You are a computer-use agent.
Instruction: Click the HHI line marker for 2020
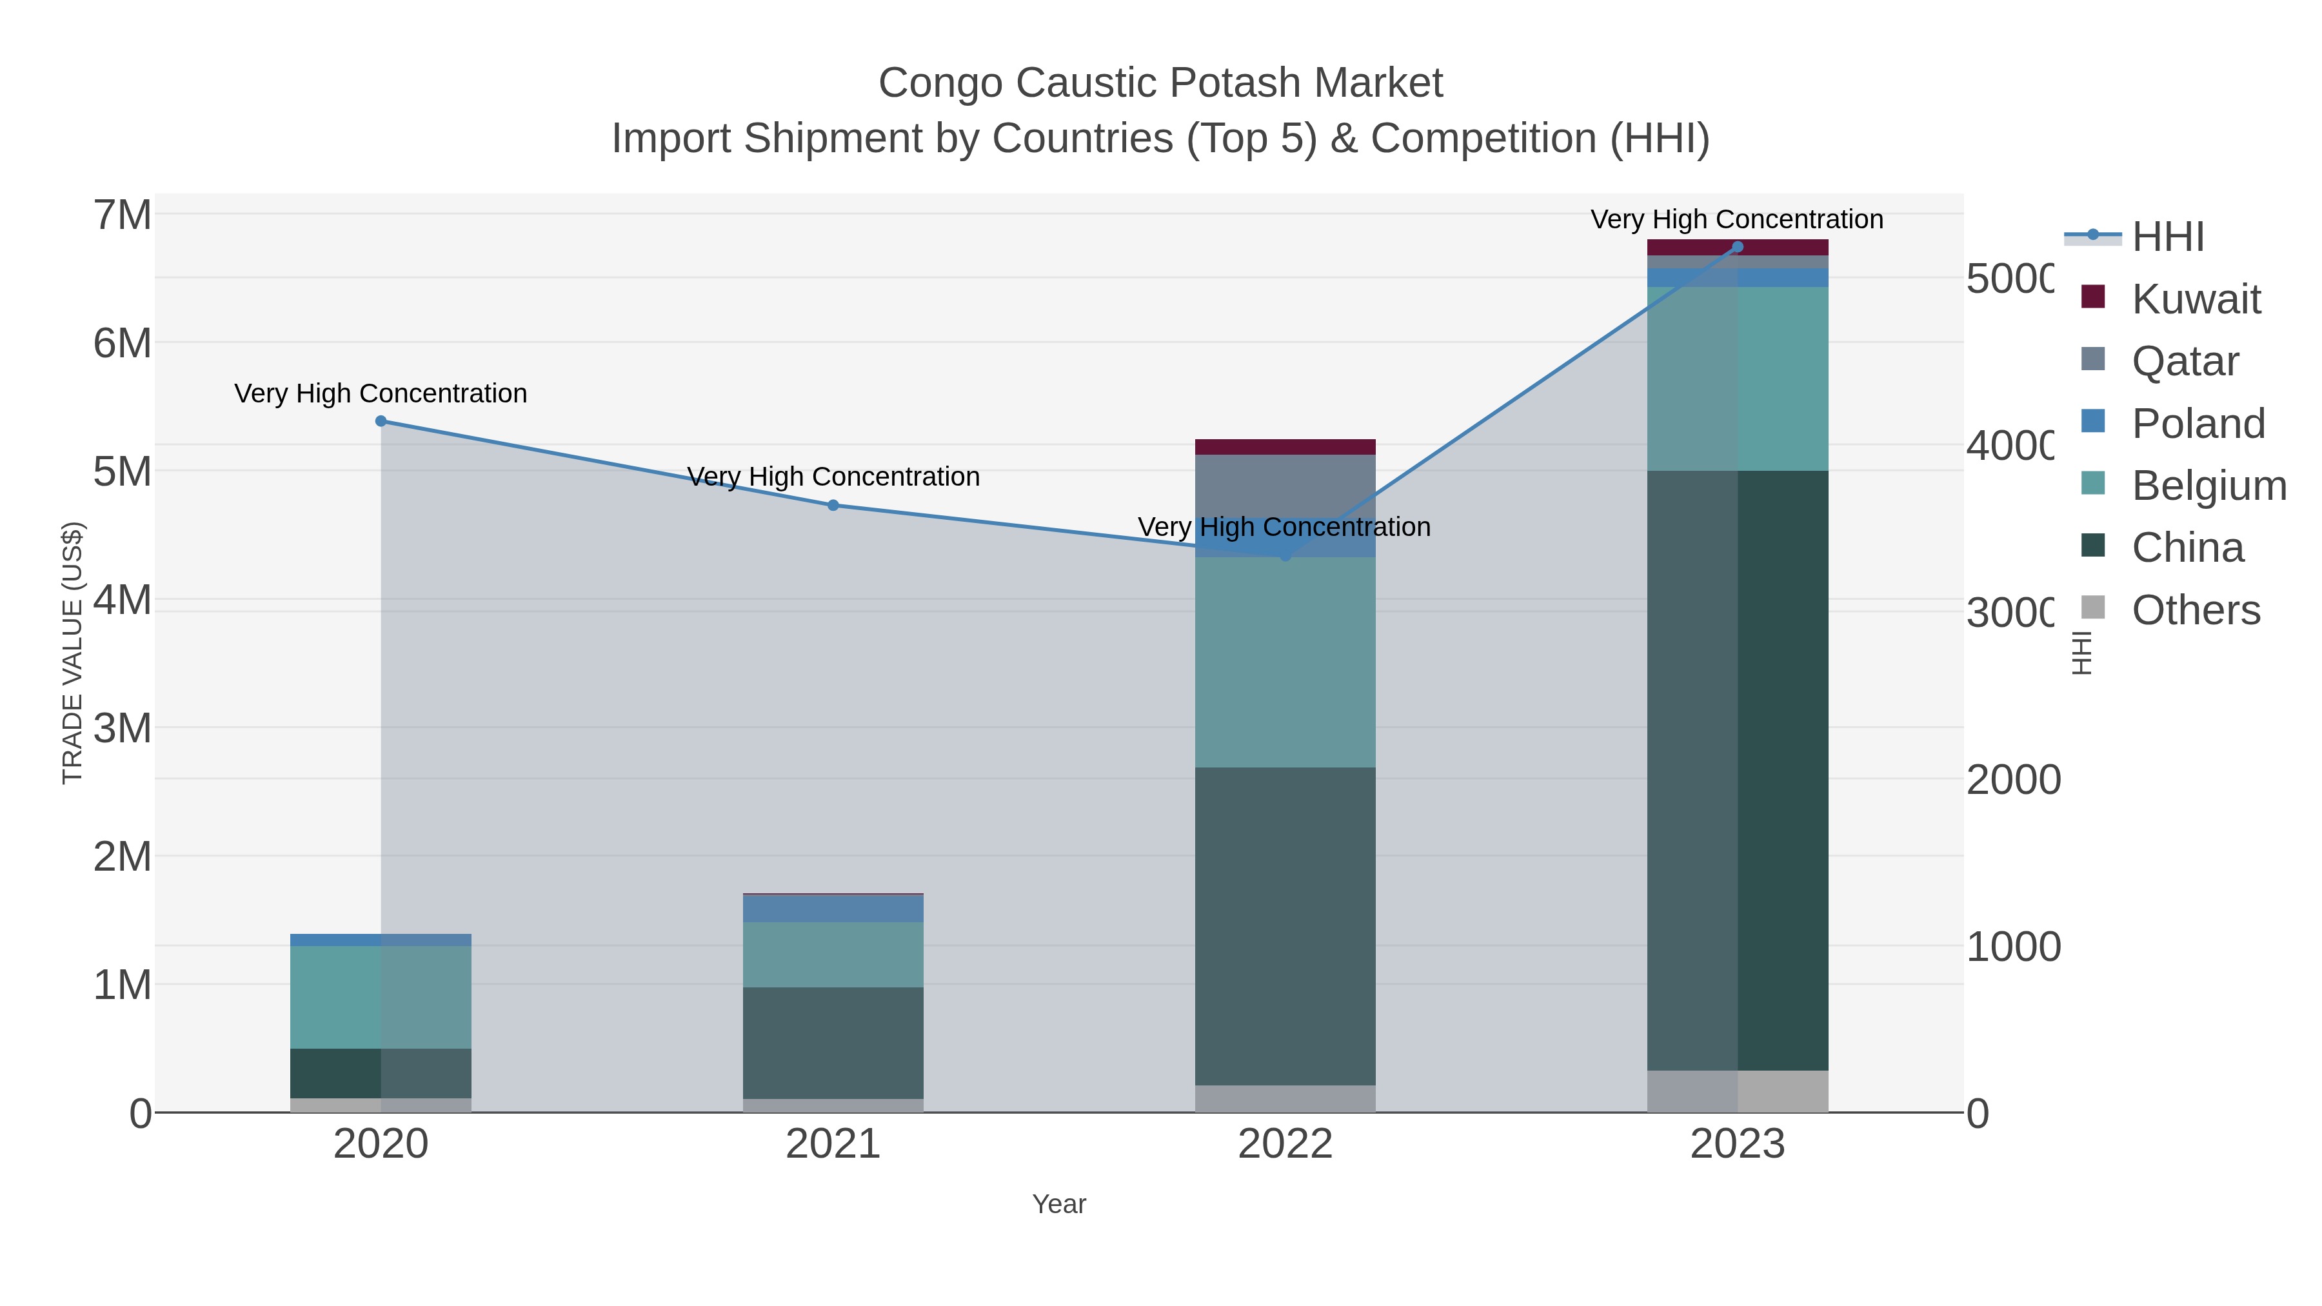(381, 421)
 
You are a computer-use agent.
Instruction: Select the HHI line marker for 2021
(833, 506)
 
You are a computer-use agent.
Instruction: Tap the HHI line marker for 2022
(1285, 556)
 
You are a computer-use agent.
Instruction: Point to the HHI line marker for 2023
(1738, 247)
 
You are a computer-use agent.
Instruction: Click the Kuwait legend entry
(2196, 299)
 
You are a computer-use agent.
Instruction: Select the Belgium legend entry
(2208, 486)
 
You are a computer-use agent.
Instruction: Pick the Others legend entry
(2196, 610)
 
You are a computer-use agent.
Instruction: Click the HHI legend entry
(2168, 237)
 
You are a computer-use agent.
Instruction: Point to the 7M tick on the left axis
(123, 215)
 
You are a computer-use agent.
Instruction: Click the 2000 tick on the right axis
(2012, 780)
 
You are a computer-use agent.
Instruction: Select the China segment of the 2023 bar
(1738, 771)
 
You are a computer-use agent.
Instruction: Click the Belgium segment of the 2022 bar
(1285, 662)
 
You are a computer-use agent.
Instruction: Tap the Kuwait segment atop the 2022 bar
(1285, 447)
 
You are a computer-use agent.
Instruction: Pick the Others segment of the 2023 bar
(1738, 1091)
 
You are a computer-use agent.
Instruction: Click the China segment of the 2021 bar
(833, 1043)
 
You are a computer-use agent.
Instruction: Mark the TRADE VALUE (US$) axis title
(72, 653)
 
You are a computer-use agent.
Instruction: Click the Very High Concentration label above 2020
(381, 394)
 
